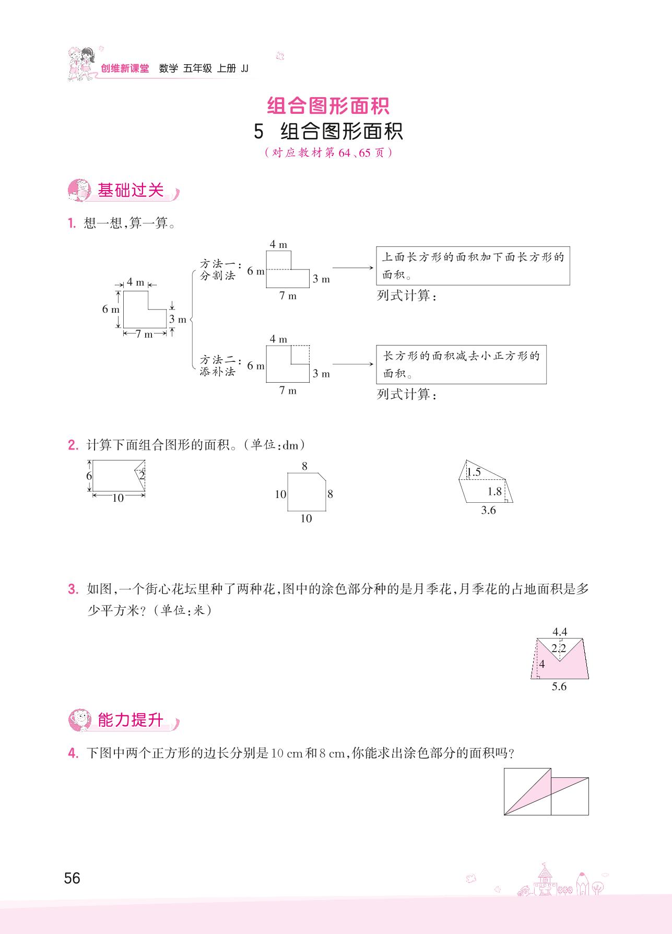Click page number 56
(72, 878)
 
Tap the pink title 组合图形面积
(328, 106)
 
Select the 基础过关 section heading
(131, 191)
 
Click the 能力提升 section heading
(131, 720)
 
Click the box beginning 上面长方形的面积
(473, 266)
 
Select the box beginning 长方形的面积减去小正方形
(461, 364)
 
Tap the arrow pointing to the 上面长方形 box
(353, 268)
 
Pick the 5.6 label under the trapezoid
(559, 687)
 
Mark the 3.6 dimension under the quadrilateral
(488, 511)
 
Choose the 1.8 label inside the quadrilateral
(494, 491)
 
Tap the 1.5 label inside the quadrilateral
(474, 472)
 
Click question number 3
(73, 589)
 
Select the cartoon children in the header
(81, 64)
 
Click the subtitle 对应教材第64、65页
(328, 153)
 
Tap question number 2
(73, 445)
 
